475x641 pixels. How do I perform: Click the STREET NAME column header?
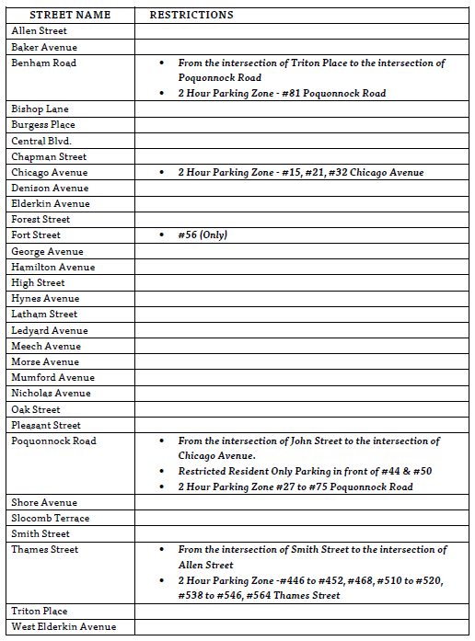[x=70, y=15]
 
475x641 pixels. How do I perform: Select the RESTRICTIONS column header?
[x=191, y=15]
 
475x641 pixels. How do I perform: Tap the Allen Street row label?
[x=39, y=31]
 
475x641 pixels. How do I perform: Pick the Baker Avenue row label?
[x=44, y=47]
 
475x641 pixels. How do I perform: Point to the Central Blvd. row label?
[x=41, y=141]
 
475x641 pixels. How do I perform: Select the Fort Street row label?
[x=36, y=235]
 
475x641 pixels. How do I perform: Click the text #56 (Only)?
[x=203, y=235]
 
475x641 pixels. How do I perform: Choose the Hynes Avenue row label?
[x=45, y=299]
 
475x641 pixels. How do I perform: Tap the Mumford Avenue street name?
[x=52, y=378]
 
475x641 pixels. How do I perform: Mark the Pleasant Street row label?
[x=46, y=426]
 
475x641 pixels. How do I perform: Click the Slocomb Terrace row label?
[x=50, y=519]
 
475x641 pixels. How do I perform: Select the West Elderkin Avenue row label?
[x=64, y=627]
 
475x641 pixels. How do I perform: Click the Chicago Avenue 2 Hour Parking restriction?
[x=301, y=173]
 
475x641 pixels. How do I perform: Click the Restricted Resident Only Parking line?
[x=305, y=472]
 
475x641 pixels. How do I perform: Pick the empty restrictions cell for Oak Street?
[x=304, y=410]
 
